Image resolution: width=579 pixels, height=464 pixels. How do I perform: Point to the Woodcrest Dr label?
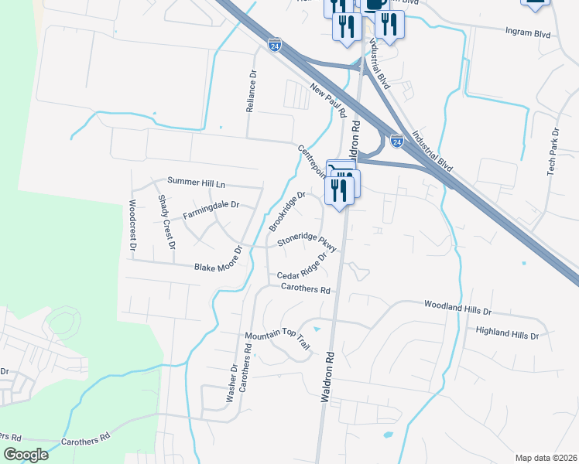coord(133,225)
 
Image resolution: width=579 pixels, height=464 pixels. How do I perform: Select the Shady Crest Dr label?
coord(168,222)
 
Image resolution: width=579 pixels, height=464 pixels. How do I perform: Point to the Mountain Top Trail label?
coord(277,339)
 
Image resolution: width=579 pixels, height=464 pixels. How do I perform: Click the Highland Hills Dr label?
coord(507,334)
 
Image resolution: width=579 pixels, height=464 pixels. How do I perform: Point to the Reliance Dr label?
coord(251,92)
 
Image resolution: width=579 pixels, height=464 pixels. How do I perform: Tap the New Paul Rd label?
coord(327,101)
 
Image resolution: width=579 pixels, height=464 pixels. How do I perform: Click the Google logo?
coord(26,455)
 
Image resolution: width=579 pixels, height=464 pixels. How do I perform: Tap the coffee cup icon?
coord(375,4)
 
